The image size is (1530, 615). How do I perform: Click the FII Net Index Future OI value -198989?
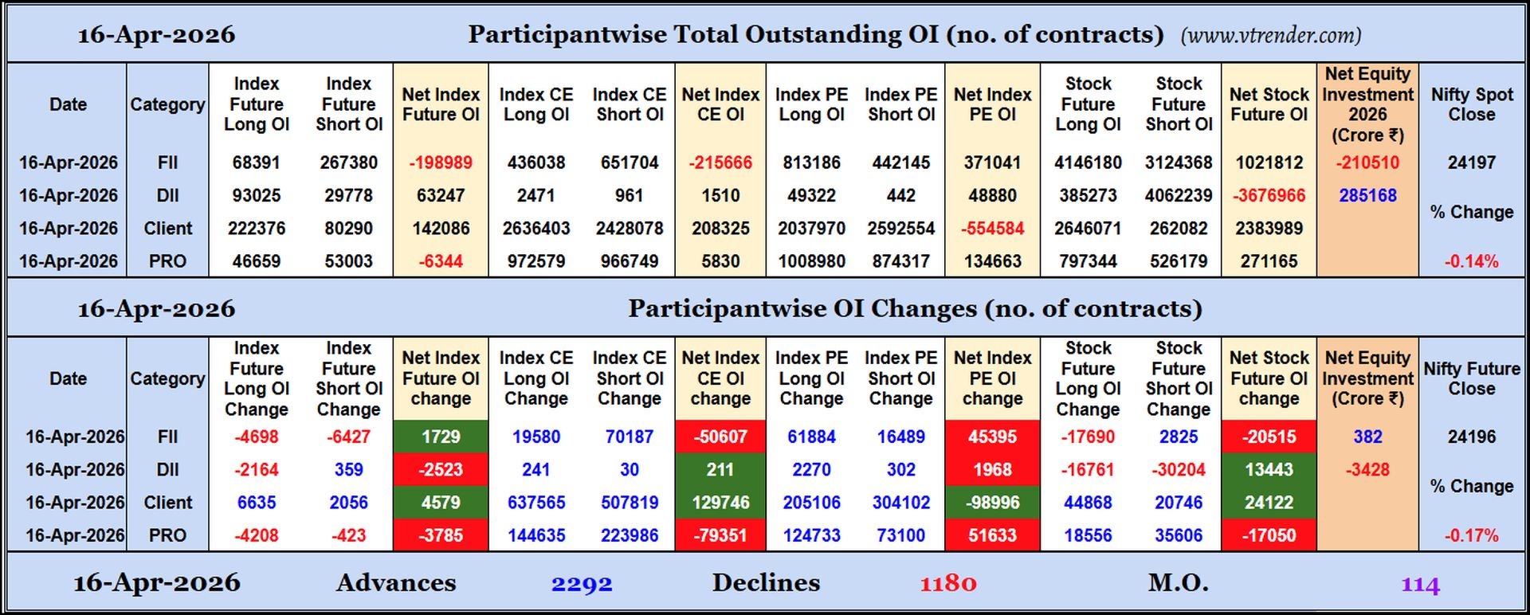click(441, 163)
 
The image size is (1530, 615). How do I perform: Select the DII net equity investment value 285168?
click(1367, 195)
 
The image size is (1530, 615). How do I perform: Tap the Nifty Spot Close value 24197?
click(1471, 163)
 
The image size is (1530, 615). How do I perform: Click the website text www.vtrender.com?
click(1270, 36)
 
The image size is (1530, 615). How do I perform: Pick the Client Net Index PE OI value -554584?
click(992, 229)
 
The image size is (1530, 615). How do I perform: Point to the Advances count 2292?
click(582, 584)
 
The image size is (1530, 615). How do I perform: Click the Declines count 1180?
click(947, 584)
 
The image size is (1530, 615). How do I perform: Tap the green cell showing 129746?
click(720, 503)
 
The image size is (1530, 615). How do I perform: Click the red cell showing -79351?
click(720, 535)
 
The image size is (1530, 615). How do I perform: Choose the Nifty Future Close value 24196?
click(1471, 437)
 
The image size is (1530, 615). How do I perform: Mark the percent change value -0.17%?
click(1471, 535)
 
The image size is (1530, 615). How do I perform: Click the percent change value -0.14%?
click(1471, 261)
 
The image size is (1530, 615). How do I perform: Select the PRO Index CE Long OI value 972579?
click(535, 261)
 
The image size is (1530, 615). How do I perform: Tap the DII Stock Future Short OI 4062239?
click(1179, 195)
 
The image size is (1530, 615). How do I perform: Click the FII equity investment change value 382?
click(1367, 437)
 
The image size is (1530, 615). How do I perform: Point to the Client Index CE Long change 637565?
click(535, 503)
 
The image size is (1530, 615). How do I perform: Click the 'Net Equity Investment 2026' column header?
click(1367, 104)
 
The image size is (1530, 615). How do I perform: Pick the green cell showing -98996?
click(992, 503)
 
